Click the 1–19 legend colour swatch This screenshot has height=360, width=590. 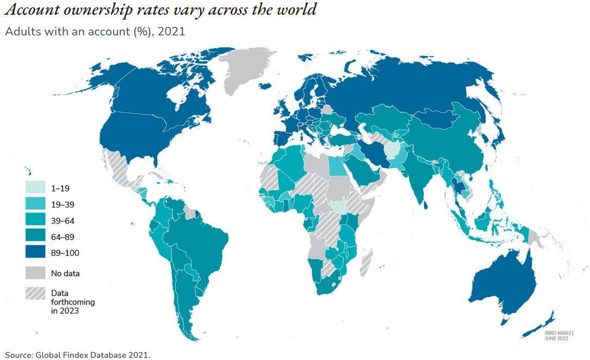pos(35,189)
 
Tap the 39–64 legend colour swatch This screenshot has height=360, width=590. pos(35,221)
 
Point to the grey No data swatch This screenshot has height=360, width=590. pos(35,273)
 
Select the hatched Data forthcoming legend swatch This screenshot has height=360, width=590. pos(35,293)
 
